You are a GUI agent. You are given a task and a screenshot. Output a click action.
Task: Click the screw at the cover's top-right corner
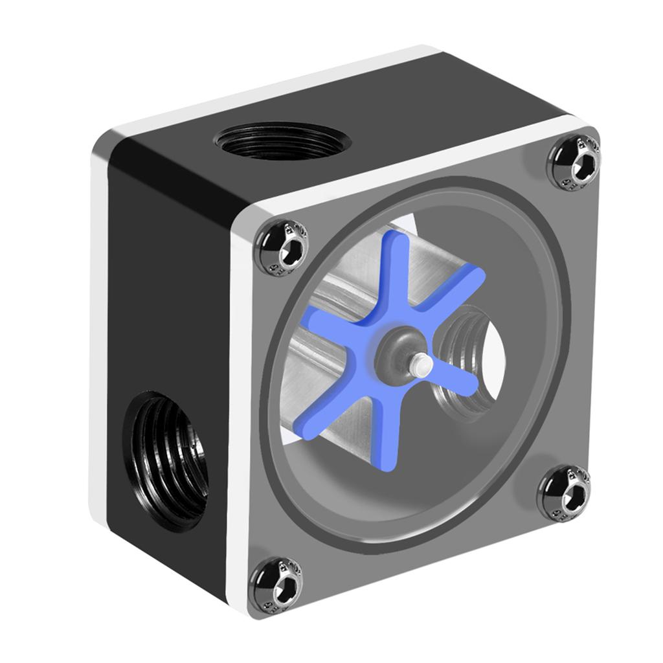click(574, 160)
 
